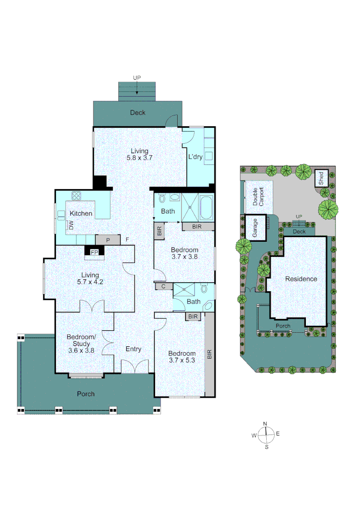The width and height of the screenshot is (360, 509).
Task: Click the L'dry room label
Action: tap(195, 157)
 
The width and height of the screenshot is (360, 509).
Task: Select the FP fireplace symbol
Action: tap(94, 253)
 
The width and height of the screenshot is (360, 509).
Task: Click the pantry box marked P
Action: tap(108, 240)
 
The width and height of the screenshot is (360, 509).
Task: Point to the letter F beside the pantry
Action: tap(127, 240)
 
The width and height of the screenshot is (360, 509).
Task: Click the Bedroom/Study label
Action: tap(81, 340)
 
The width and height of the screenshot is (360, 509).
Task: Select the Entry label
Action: tap(133, 349)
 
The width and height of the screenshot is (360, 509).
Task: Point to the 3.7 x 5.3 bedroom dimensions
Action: tap(182, 361)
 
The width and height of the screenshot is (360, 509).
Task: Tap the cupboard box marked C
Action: tap(163, 286)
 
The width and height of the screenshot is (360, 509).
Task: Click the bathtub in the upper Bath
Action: tap(206, 208)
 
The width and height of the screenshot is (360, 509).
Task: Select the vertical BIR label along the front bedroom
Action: tap(210, 354)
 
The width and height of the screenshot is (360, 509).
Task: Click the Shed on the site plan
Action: tap(321, 179)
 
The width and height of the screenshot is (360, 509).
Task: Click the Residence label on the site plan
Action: tap(301, 279)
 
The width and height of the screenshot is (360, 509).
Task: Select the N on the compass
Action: tap(265, 424)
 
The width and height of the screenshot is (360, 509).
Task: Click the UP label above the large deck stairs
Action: tap(137, 78)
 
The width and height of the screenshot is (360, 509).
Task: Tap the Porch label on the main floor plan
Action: tap(86, 394)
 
